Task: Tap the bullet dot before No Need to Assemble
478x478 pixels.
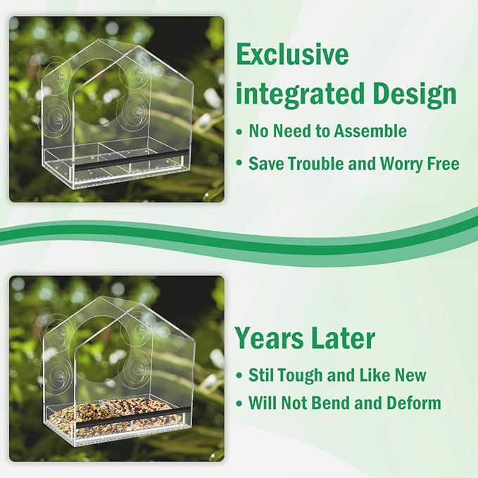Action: tap(239, 132)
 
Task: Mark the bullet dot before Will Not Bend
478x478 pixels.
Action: tap(239, 404)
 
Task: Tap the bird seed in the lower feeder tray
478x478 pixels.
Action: tap(116, 413)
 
